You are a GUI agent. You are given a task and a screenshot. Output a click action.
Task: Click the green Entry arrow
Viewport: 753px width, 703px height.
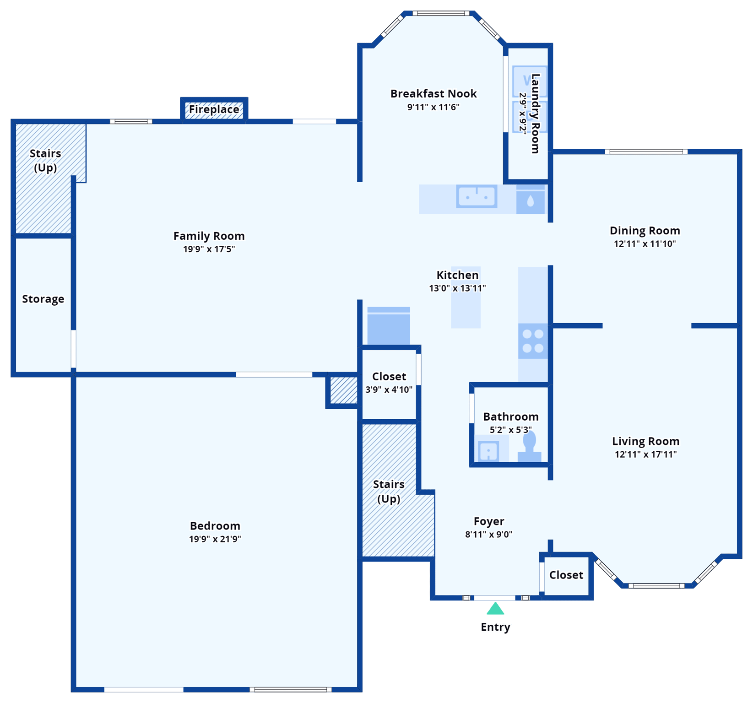click(x=495, y=609)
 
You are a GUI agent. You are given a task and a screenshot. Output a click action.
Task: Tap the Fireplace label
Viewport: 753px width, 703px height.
click(x=214, y=109)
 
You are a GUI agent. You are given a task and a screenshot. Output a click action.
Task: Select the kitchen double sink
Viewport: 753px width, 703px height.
click(x=477, y=197)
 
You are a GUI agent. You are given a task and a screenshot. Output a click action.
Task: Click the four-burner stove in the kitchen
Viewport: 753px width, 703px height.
click(x=533, y=341)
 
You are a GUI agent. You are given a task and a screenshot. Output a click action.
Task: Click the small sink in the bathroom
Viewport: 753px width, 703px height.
click(x=488, y=451)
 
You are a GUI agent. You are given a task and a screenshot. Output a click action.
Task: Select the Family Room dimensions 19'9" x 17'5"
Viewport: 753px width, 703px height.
click(x=209, y=249)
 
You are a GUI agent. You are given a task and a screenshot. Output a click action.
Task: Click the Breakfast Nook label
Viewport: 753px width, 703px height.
click(x=433, y=94)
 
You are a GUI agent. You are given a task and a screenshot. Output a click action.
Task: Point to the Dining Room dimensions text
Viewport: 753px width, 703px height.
click(x=645, y=244)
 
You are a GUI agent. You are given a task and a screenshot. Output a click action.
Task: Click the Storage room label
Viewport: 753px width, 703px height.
click(x=43, y=299)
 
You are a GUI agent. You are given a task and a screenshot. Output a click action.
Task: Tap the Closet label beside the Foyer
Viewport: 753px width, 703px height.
click(x=566, y=575)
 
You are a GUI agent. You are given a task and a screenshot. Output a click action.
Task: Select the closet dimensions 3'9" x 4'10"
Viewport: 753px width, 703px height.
click(x=389, y=390)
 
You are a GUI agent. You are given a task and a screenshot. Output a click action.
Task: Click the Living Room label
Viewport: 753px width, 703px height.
click(x=645, y=442)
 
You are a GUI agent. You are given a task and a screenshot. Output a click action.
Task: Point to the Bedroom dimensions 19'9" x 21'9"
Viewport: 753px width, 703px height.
click(x=215, y=539)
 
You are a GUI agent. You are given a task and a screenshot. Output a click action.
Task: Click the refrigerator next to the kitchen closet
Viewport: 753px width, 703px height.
click(x=389, y=326)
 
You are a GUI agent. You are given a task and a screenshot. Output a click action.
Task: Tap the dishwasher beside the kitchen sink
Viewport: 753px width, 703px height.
click(x=531, y=200)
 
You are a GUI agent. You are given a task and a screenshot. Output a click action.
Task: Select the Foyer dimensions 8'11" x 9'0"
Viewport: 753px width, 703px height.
click(x=488, y=535)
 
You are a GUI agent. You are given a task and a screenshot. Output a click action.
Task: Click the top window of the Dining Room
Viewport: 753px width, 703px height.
click(x=646, y=152)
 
